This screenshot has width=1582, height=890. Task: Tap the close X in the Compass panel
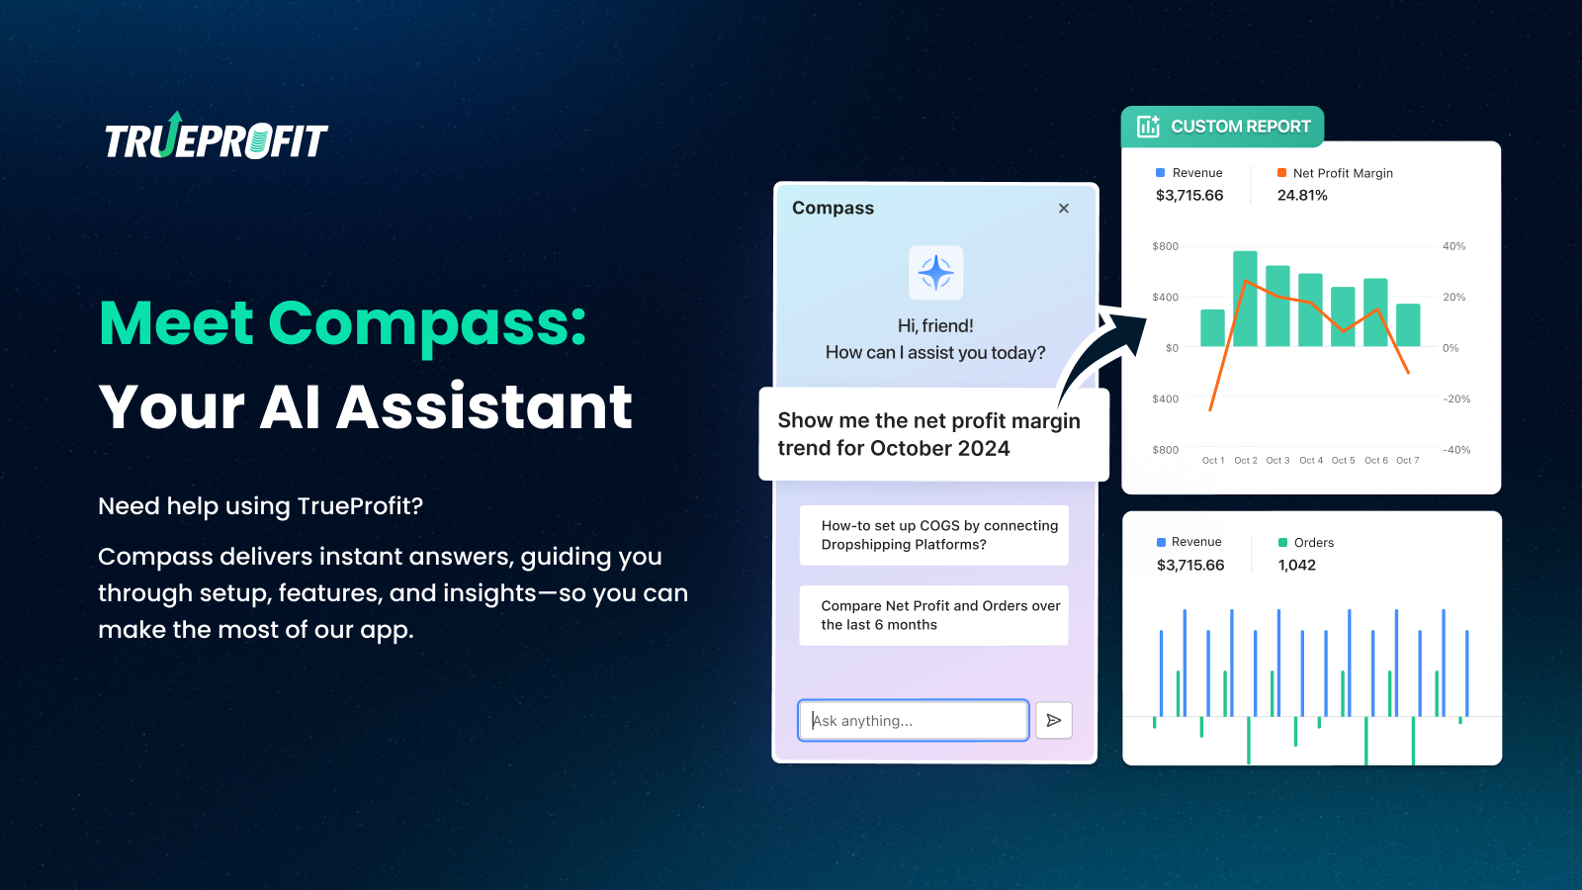coord(1064,209)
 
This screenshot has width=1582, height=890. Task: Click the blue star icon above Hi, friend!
coord(935,273)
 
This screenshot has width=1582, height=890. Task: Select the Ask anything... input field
coord(914,721)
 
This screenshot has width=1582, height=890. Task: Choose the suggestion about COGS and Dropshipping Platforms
coord(933,535)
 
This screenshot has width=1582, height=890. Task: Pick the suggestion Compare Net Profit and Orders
coord(933,615)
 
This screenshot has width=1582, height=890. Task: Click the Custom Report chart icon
coord(1148,127)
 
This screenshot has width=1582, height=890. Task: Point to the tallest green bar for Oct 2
coord(1245,299)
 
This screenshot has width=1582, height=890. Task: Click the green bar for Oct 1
coord(1212,327)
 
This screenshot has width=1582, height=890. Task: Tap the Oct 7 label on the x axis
coord(1408,461)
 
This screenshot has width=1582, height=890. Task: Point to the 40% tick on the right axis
coord(1454,246)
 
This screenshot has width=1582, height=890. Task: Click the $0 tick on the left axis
coord(1172,348)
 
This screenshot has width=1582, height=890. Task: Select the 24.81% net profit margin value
coord(1302,196)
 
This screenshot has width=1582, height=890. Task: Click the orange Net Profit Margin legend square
coord(1281,172)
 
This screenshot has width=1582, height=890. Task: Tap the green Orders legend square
coord(1282,543)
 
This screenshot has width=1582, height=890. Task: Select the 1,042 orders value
coord(1296,565)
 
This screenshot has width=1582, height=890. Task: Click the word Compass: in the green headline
coord(427,325)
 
